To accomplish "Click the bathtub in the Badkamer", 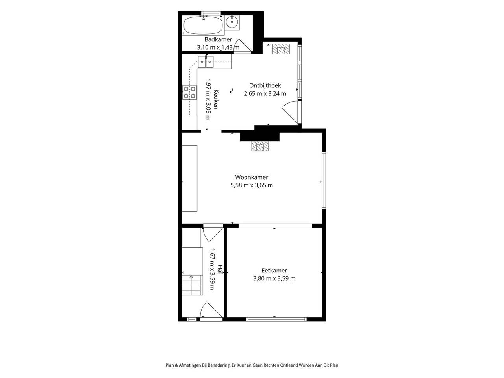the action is point(203,26).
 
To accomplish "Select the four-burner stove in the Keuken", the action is point(189,92).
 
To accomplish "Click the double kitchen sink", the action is point(206,61).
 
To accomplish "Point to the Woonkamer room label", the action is point(252,177).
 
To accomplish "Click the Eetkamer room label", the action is point(274,271).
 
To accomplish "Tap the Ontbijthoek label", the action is point(265,85).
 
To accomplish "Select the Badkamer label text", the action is point(218,39).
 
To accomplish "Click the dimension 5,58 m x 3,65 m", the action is point(252,185).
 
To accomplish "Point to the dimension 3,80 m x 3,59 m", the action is point(274,278).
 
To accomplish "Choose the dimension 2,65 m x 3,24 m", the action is point(265,93).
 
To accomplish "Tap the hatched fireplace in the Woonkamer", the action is point(260,146).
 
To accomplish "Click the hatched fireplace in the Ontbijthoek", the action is point(281,49).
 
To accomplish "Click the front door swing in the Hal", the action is point(211,310).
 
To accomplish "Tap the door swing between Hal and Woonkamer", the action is point(213,234).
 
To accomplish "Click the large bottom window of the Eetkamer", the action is point(276,319).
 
